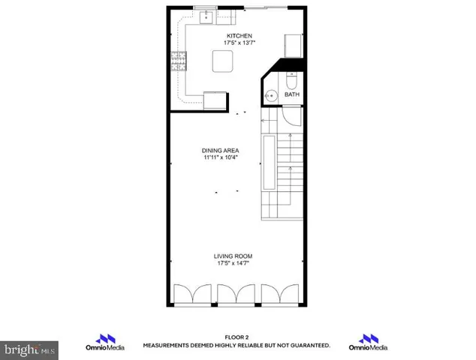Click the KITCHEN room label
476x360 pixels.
[238, 36]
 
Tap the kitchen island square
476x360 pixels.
[222, 60]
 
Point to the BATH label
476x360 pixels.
[291, 95]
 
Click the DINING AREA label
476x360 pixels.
[219, 151]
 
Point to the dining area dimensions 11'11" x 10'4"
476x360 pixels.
[219, 158]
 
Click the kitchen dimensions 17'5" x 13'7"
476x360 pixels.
[238, 43]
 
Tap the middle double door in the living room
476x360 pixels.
[237, 295]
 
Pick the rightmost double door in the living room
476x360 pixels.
[282, 295]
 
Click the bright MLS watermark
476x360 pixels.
[29, 349]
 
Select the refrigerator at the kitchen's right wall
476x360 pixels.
[293, 45]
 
